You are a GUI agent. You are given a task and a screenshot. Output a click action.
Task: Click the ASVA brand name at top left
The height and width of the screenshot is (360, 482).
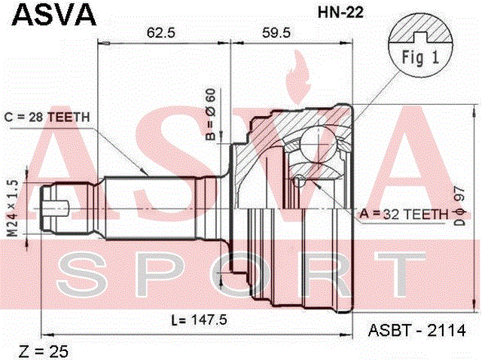(54, 14)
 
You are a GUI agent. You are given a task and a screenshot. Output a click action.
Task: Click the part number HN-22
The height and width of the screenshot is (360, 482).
(340, 12)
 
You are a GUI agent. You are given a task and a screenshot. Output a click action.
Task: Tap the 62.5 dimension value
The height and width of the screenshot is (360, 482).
(160, 32)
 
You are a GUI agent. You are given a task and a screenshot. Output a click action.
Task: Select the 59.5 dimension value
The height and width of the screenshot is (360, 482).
(276, 32)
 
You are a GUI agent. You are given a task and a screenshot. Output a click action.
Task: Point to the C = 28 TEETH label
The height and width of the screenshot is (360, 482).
(47, 117)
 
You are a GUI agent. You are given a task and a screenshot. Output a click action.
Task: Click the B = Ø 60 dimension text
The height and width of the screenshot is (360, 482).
(211, 114)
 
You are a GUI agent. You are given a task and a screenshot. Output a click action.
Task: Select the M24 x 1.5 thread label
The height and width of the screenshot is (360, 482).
(13, 209)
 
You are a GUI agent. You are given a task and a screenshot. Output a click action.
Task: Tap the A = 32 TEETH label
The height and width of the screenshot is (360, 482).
(404, 214)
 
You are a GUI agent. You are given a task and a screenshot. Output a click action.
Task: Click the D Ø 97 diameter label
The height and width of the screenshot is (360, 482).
(460, 206)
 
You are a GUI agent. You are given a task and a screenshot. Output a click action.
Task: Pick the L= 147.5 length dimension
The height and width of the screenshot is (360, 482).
(200, 320)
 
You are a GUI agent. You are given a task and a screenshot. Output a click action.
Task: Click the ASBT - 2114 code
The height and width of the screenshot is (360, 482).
(416, 331)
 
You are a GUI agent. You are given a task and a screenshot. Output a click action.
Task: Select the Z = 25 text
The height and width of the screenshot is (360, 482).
(44, 352)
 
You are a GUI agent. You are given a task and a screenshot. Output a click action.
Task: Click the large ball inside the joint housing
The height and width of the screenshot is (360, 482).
(317, 144)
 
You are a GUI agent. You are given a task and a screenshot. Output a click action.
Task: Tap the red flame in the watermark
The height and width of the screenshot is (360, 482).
(297, 77)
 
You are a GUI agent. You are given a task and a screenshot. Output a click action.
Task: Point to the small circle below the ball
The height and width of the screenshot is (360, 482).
(298, 181)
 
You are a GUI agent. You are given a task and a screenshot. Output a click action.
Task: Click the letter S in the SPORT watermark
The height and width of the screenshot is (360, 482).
(79, 275)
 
